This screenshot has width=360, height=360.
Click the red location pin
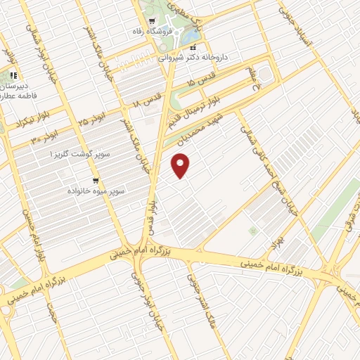[x=181, y=165]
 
